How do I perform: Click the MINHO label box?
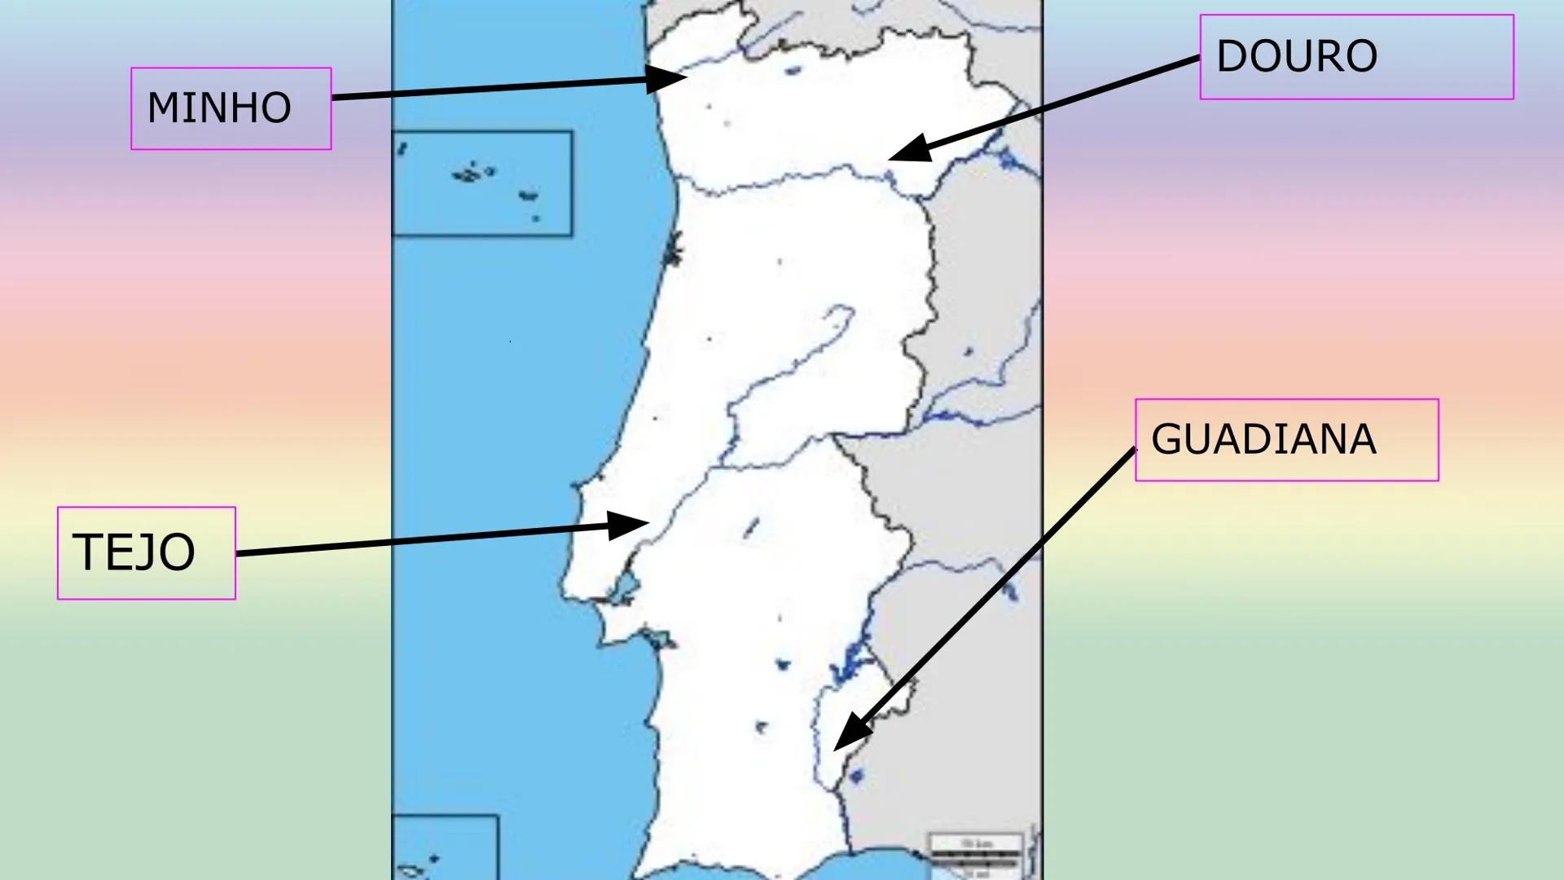pyautogui.click(x=231, y=108)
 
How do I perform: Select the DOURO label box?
pyautogui.click(x=1356, y=57)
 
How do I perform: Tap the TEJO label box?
pyautogui.click(x=146, y=552)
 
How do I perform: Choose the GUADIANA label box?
pyautogui.click(x=1286, y=440)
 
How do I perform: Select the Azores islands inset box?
pyautogui.click(x=482, y=183)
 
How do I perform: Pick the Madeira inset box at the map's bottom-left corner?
pyautogui.click(x=445, y=847)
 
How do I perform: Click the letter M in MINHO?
pyautogui.click(x=161, y=108)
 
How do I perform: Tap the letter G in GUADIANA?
pyautogui.click(x=1166, y=440)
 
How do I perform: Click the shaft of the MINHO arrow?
pyautogui.click(x=489, y=89)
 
